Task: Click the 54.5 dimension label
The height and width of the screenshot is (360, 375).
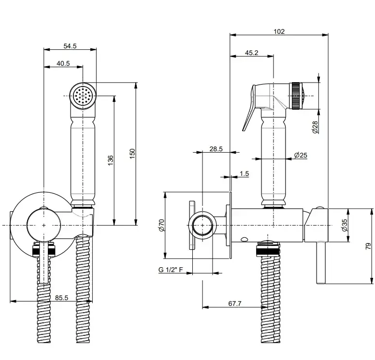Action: pos(70,46)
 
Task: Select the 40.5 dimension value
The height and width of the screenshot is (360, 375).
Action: pos(63,63)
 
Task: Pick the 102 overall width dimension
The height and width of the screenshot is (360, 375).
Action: pos(279,31)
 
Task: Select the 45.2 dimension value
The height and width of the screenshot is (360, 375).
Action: pos(251,53)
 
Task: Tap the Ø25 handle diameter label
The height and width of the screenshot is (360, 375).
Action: pos(301,155)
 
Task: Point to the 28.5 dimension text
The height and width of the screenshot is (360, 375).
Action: pos(216,149)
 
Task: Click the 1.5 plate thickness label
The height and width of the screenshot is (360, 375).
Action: pos(244,173)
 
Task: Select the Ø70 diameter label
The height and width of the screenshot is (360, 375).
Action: pos(161,225)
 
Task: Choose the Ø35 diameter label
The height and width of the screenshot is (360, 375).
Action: pos(344,226)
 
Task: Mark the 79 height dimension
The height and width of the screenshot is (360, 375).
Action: pos(368,246)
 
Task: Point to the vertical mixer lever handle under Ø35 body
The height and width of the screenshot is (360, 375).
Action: pos(319,264)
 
